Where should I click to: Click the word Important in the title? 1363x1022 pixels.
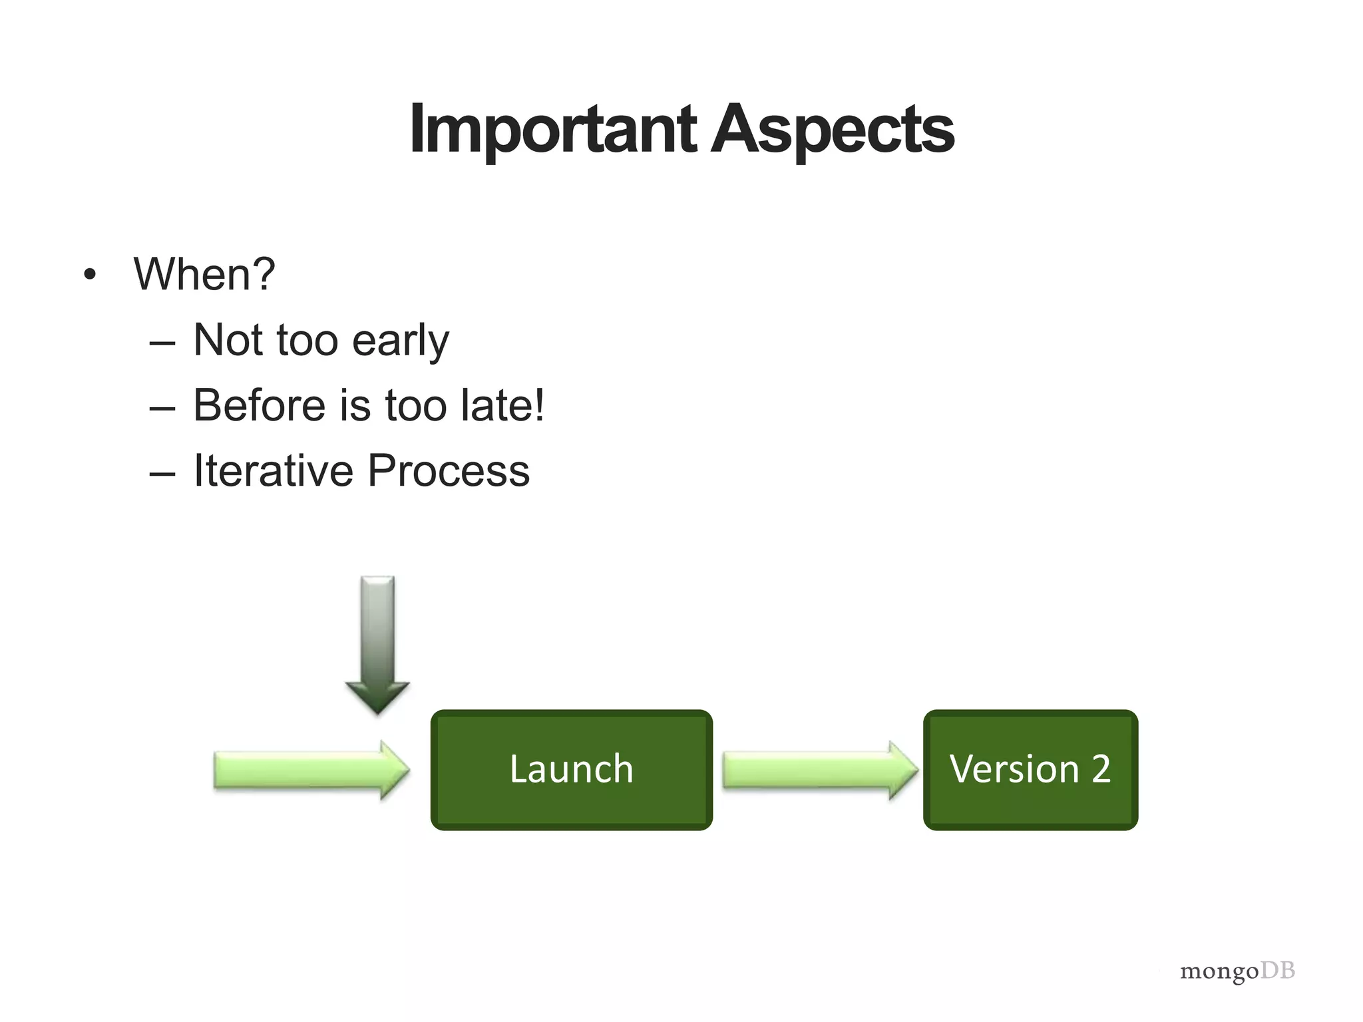click(x=552, y=130)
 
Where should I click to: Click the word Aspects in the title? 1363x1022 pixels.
click(x=834, y=130)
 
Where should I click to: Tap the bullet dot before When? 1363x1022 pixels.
click(x=90, y=275)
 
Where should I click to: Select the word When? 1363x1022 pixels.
click(x=204, y=273)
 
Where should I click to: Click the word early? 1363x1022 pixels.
click(x=400, y=341)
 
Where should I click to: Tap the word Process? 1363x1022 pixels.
click(x=448, y=470)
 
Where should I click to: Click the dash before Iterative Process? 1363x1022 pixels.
click(x=162, y=474)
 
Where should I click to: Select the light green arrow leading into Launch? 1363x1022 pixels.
click(x=311, y=770)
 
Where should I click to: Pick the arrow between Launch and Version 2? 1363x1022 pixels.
click(x=819, y=770)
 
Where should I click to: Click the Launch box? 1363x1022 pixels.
click(x=571, y=770)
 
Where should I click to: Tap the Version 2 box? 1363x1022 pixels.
click(x=1030, y=770)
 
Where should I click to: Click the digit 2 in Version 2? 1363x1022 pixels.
click(x=1101, y=770)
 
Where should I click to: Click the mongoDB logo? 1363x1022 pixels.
click(x=1237, y=971)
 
